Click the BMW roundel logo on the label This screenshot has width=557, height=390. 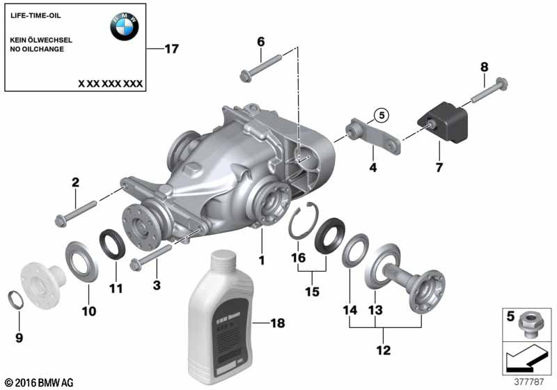coord(124,26)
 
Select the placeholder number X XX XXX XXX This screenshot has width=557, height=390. coord(110,83)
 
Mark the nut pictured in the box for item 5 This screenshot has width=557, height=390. coord(530,323)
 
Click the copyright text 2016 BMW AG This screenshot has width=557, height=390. coord(38,382)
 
